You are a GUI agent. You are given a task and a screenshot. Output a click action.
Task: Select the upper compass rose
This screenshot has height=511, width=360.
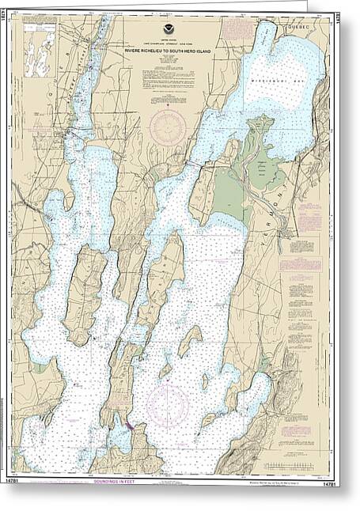(x=169, y=127)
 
